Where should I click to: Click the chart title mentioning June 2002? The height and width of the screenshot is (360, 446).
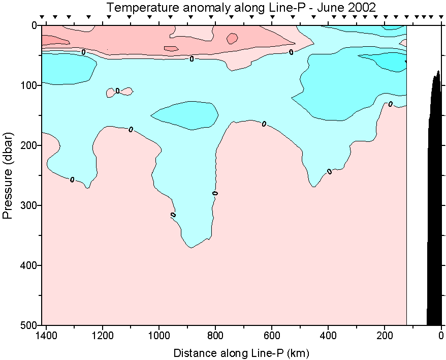241,8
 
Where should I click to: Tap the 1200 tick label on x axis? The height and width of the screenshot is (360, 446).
103,336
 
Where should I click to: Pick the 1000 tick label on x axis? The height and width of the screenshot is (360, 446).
160,336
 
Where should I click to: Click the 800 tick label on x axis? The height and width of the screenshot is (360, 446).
215,336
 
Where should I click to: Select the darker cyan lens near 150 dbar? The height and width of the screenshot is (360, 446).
185,114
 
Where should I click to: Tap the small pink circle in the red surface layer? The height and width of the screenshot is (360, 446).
232,38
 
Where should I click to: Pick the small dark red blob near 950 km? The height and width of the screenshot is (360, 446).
171,49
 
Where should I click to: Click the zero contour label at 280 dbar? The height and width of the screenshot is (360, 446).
215,193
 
